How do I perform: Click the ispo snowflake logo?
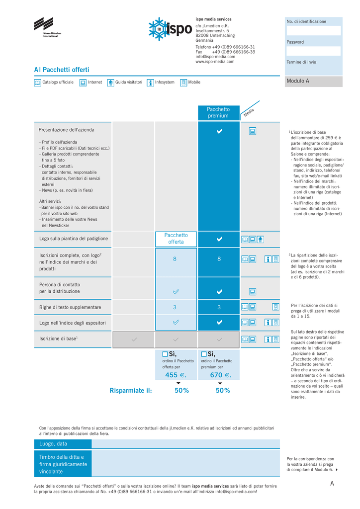point(170,29)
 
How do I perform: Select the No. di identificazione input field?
point(313,31)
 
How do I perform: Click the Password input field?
point(313,51)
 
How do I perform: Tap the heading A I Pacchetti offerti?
point(62,70)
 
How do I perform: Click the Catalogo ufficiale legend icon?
point(37,83)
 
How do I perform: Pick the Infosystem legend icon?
point(150,83)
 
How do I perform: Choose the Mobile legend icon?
point(183,83)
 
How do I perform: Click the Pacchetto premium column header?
point(218,113)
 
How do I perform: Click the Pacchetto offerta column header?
point(176,239)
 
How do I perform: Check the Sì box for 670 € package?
point(204,354)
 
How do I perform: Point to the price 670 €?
point(220,375)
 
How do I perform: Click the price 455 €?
point(175,375)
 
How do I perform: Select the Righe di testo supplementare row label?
point(70,308)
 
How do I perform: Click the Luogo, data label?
point(53,443)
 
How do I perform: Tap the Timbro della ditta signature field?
point(186,463)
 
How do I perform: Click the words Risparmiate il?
point(131,391)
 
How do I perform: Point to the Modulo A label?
point(298,81)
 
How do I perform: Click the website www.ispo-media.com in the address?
point(215,62)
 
